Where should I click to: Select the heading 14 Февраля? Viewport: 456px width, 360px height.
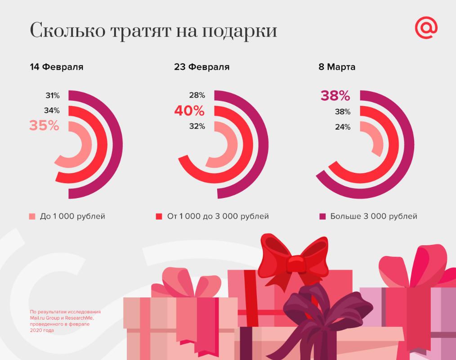pyautogui.click(x=57, y=67)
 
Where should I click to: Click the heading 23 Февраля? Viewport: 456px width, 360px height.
pyautogui.click(x=201, y=67)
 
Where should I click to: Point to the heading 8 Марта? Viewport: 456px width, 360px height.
pyautogui.click(x=337, y=67)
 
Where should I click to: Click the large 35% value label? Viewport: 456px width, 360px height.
pyautogui.click(x=44, y=125)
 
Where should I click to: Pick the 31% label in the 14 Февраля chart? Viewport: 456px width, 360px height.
pyautogui.click(x=52, y=95)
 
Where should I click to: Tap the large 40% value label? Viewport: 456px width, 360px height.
pyautogui.click(x=189, y=110)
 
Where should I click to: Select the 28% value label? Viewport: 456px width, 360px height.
pyautogui.click(x=197, y=95)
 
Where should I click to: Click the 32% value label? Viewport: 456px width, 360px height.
pyautogui.click(x=197, y=126)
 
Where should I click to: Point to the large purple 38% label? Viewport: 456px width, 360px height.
pyautogui.click(x=335, y=95)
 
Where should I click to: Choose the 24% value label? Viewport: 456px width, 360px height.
pyautogui.click(x=343, y=127)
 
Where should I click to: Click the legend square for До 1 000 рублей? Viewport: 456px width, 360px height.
pyautogui.click(x=32, y=216)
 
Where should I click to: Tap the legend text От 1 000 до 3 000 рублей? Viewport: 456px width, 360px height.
pyautogui.click(x=218, y=216)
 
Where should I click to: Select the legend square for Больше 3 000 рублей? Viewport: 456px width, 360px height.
pyautogui.click(x=322, y=216)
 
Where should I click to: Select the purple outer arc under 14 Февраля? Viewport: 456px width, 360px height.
pyautogui.click(x=118, y=144)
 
